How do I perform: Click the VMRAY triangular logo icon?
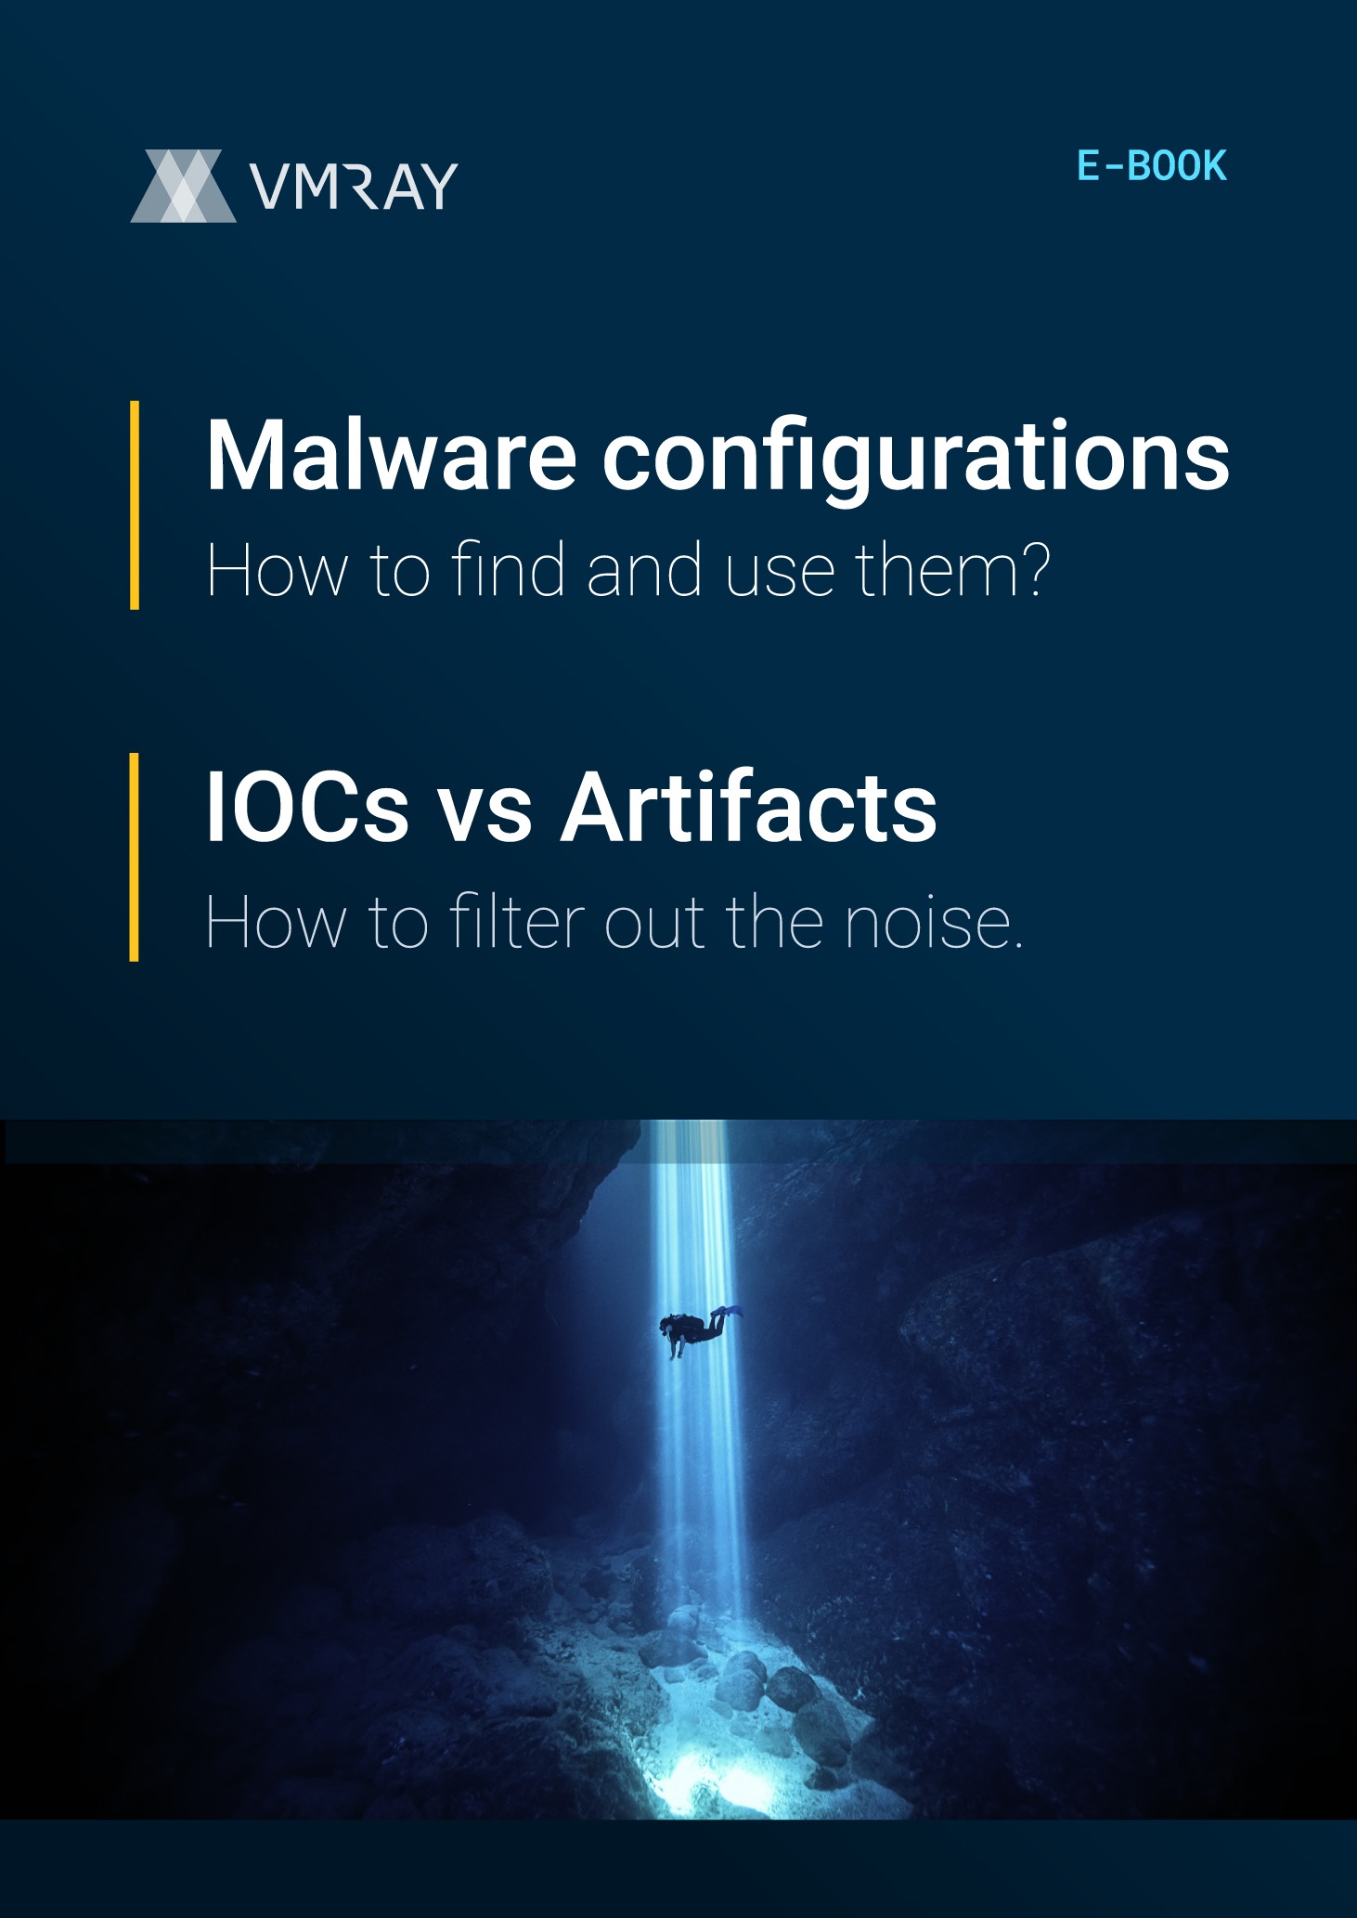pos(184,186)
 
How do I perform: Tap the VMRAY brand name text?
pos(354,186)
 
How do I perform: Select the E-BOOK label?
pos(1152,166)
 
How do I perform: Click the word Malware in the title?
pos(391,455)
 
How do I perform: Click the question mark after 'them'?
pos(1032,569)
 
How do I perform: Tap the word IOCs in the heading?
pos(307,807)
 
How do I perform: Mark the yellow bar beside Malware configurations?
pos(135,505)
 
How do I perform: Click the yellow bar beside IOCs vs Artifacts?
pos(135,857)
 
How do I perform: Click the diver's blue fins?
pos(729,1311)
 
